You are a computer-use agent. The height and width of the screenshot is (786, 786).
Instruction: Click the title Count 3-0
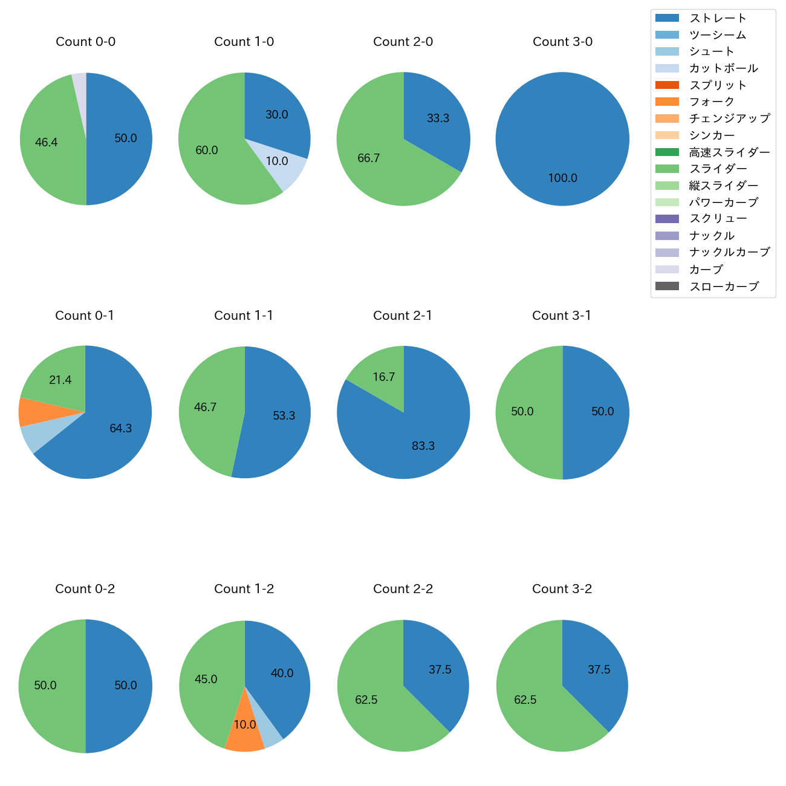[562, 42]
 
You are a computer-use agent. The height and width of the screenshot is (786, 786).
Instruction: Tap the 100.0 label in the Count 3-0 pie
[562, 178]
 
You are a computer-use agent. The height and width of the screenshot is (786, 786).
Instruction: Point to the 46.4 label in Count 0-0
[47, 143]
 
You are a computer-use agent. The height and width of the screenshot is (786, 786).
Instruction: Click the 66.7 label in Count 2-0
[369, 158]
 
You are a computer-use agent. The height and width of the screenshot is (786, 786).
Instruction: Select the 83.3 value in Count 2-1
[423, 446]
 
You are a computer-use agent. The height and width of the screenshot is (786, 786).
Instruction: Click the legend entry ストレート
[718, 18]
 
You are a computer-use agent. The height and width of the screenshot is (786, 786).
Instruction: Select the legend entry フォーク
[712, 102]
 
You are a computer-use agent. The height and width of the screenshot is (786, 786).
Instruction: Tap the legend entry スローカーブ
[724, 287]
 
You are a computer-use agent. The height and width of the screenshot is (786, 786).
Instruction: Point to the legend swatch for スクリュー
[667, 219]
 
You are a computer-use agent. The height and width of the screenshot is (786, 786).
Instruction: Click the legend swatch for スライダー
[667, 169]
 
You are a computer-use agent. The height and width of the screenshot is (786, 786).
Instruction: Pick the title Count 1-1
[244, 316]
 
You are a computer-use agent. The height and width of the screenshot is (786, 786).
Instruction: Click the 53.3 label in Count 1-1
[284, 416]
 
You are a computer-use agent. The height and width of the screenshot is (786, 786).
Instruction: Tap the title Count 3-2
[562, 589]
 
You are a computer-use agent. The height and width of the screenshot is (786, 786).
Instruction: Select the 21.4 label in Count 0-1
[60, 380]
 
